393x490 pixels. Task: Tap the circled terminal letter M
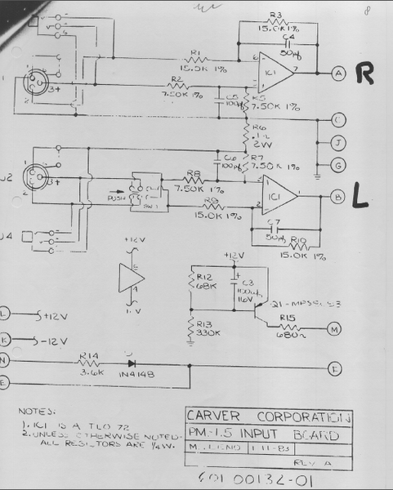coord(334,329)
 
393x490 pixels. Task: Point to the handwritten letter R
coord(365,74)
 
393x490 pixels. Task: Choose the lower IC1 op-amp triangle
coord(276,197)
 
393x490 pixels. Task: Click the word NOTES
coord(36,411)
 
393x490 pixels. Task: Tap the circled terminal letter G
coord(337,164)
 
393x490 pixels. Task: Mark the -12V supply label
coord(53,337)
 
